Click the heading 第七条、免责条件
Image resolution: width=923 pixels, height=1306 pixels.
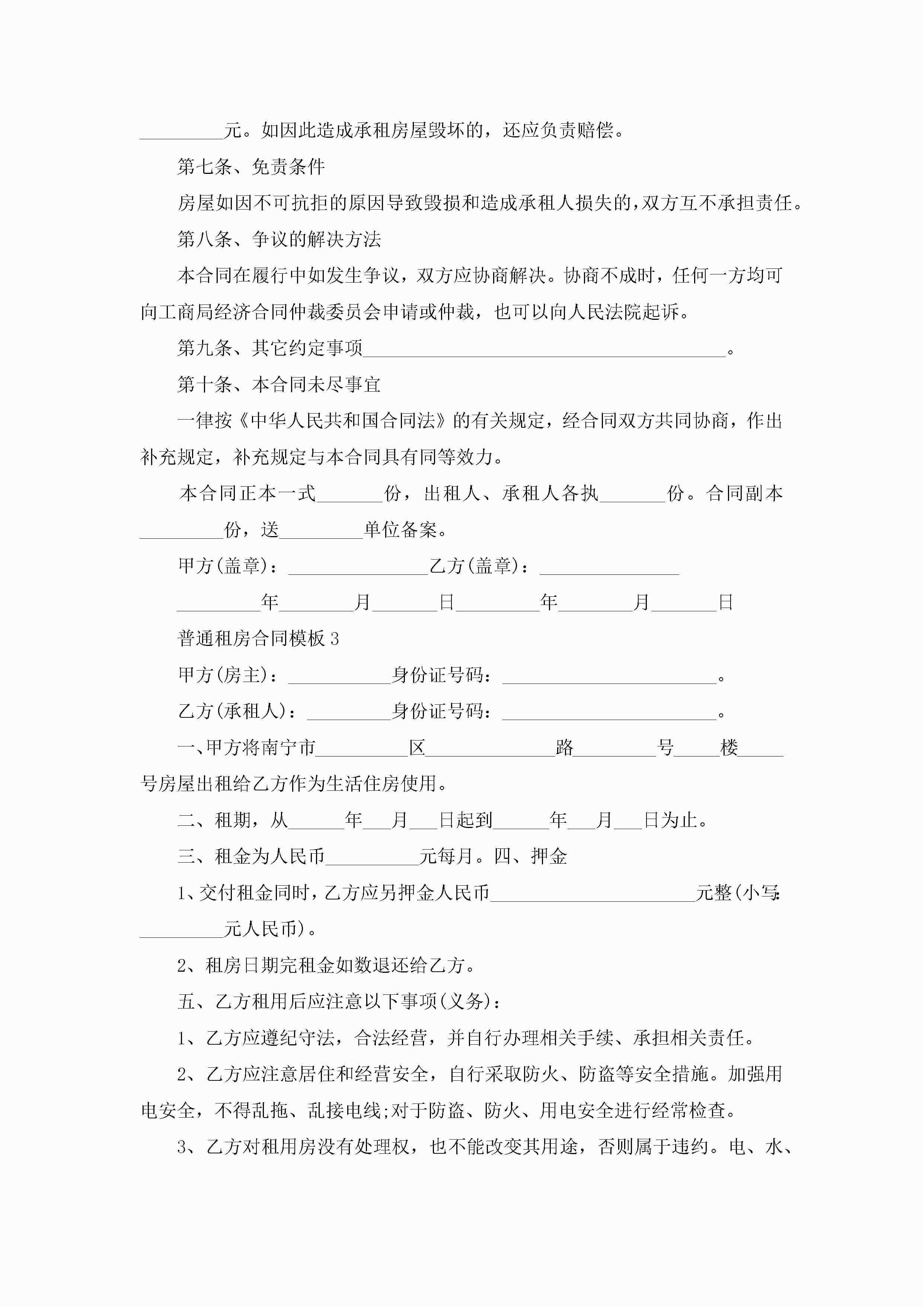[x=251, y=167]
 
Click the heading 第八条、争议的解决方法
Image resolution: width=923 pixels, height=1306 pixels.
[x=279, y=239]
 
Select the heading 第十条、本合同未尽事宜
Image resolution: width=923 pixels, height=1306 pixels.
[x=279, y=385]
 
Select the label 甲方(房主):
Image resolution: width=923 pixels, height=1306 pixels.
[x=229, y=675]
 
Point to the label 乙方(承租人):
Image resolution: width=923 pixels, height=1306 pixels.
[x=238, y=711]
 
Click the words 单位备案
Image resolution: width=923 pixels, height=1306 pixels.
[x=400, y=530]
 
